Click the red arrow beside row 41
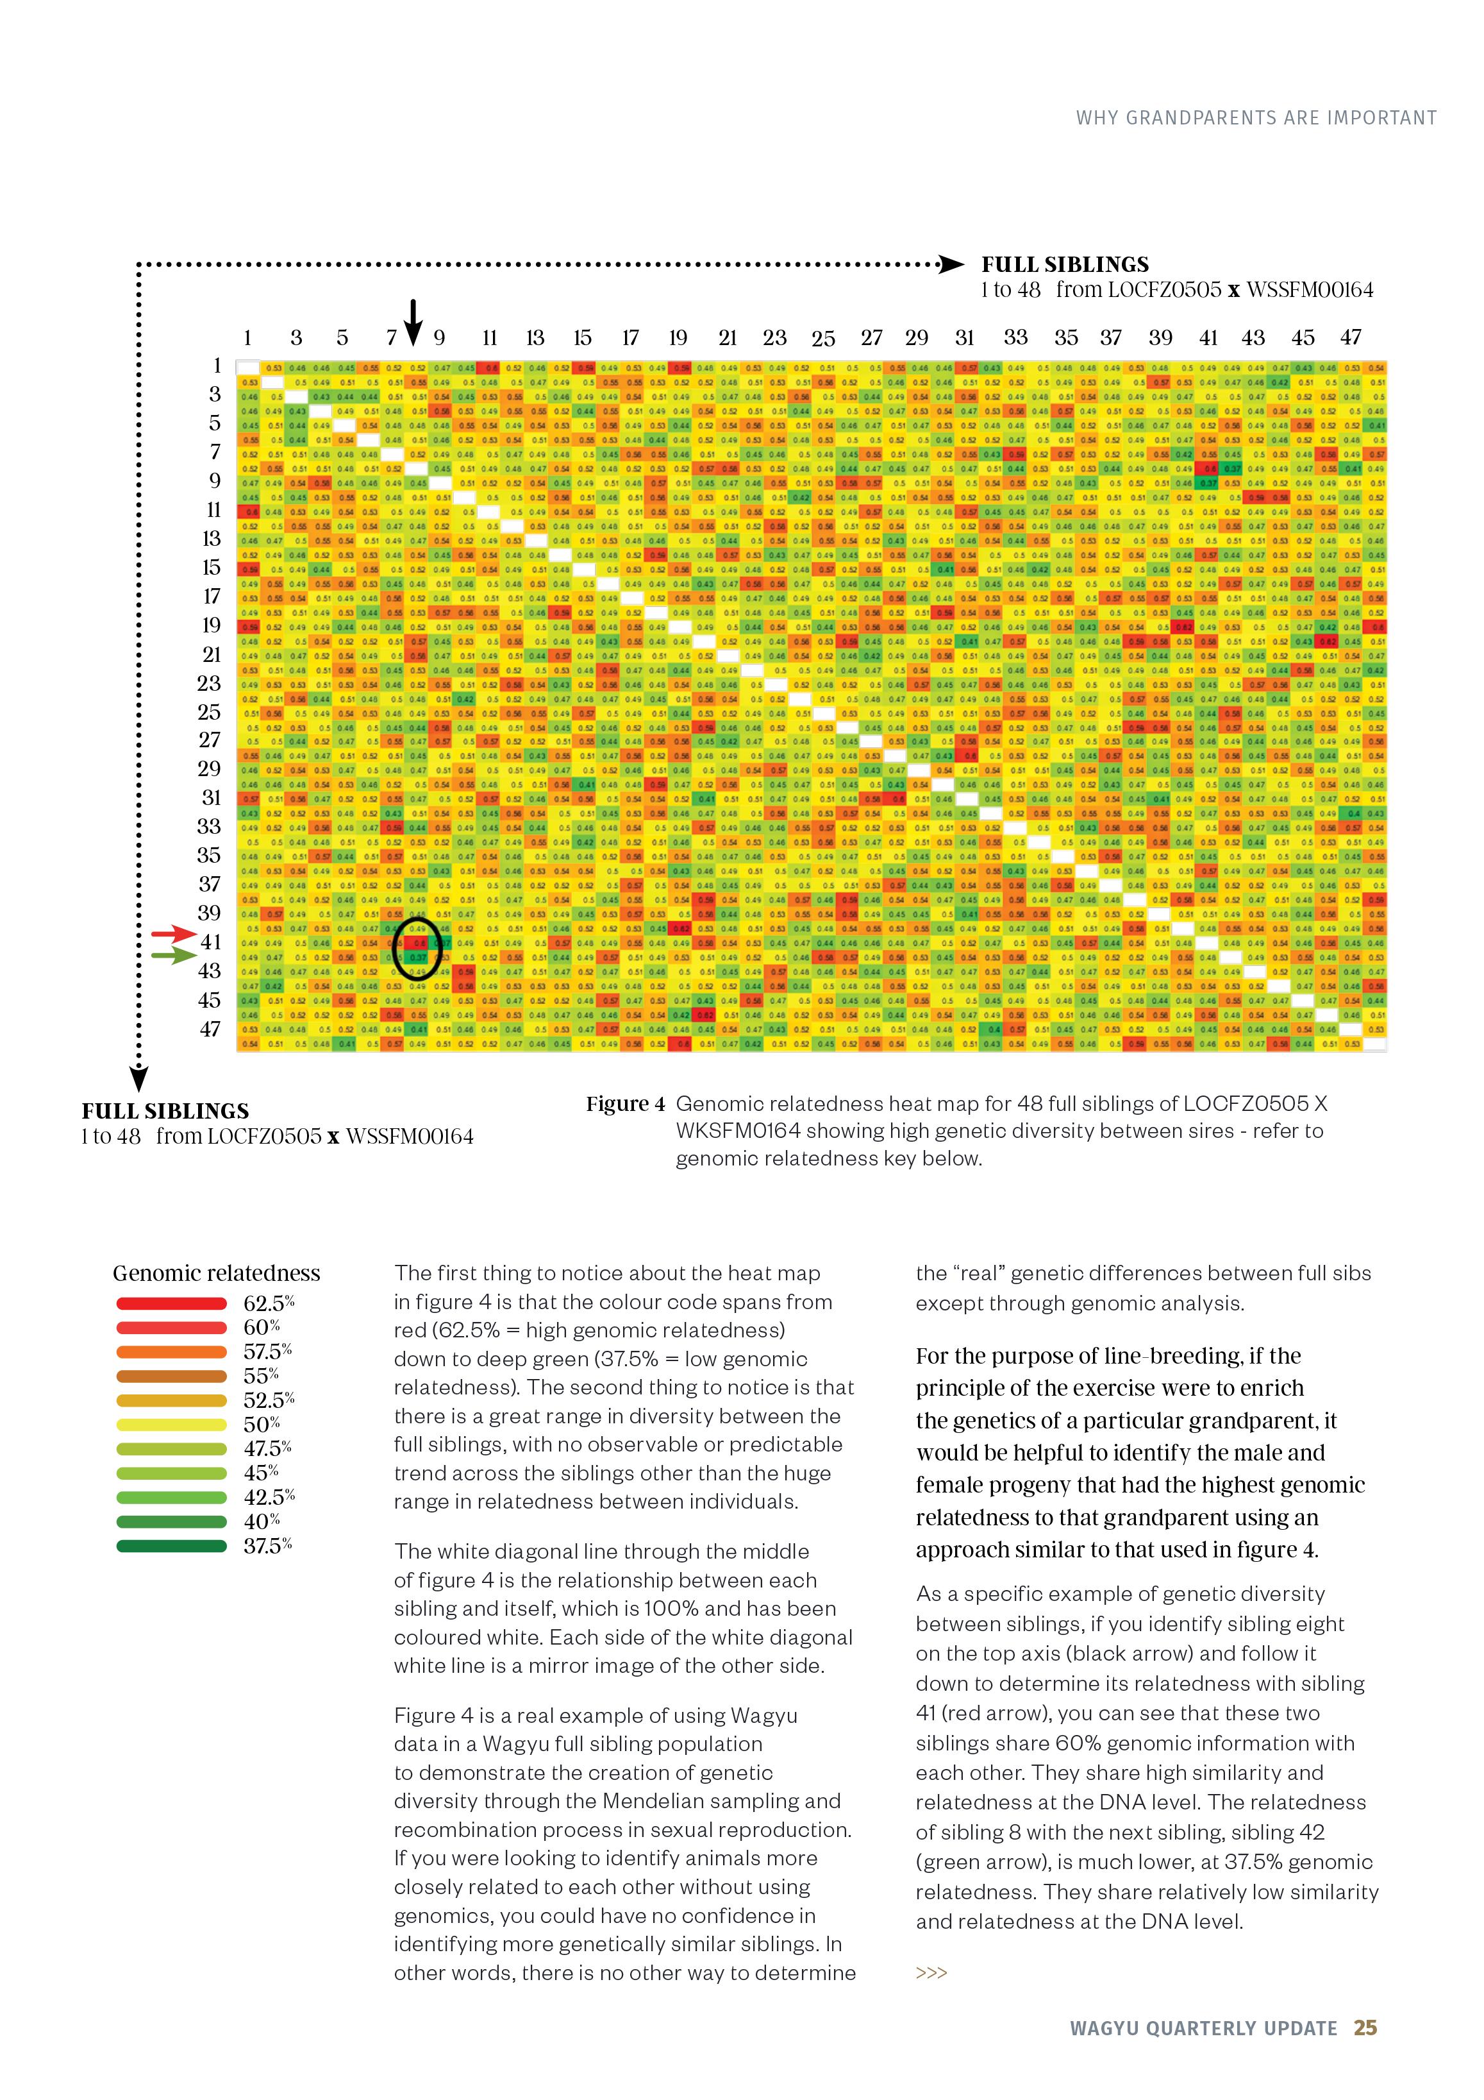[x=173, y=934]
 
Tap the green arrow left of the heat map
[x=173, y=956]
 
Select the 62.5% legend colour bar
[x=171, y=1303]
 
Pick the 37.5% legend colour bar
[x=171, y=1546]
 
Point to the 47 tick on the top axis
[x=1351, y=337]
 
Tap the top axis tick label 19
[x=678, y=337]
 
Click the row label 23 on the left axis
[x=210, y=683]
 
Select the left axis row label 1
[x=217, y=366]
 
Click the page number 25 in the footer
[x=1365, y=2028]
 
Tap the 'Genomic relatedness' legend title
[x=217, y=1273]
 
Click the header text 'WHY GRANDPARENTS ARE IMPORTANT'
[x=1255, y=118]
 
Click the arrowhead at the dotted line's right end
[x=952, y=266]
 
